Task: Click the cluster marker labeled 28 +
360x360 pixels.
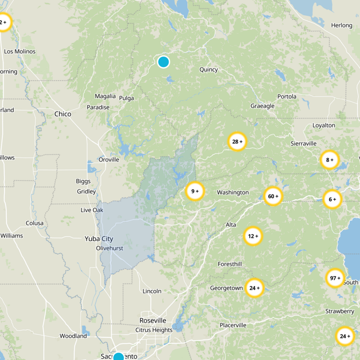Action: coord(237,142)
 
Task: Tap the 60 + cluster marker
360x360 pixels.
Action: coord(273,196)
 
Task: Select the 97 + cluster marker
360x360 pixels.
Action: coord(335,278)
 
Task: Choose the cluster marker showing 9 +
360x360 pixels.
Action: coord(195,191)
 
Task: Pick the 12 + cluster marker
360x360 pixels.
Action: coord(253,236)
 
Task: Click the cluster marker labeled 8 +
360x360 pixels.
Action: coord(329,159)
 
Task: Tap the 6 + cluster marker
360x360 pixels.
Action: coord(333,199)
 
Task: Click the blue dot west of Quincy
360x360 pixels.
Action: coord(163,62)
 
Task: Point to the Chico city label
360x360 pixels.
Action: coord(63,114)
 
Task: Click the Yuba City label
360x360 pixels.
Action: coord(99,239)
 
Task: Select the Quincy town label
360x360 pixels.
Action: coord(208,69)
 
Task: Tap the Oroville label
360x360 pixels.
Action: coord(109,159)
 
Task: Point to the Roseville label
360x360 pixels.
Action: coord(153,320)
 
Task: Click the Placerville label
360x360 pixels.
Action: coord(233,325)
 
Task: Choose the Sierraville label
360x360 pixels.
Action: coord(303,143)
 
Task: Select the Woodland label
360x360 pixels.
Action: coord(73,336)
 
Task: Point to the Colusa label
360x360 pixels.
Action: coord(35,223)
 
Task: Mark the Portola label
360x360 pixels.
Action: coord(287,96)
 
